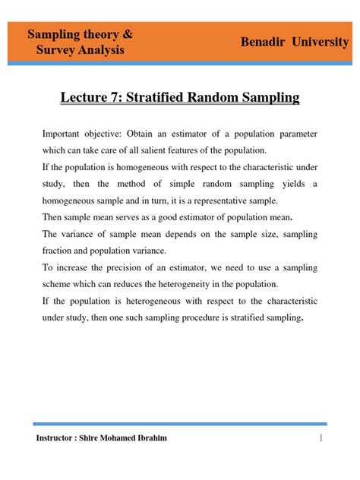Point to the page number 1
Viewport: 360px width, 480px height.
point(322,438)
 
